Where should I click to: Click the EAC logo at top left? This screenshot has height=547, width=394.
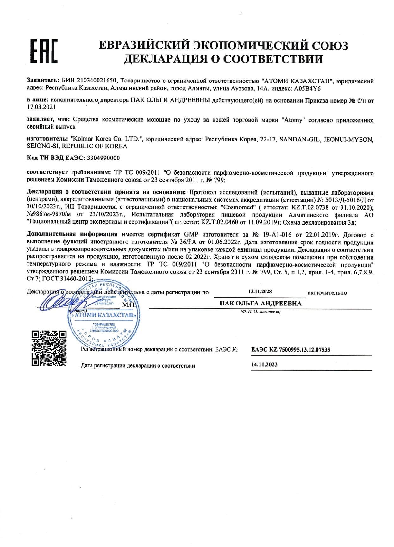[44, 51]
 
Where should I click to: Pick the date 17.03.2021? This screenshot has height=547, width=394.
[41, 107]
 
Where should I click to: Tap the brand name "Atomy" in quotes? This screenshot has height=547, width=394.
[291, 120]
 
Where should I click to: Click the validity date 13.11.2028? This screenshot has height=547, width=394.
[260, 292]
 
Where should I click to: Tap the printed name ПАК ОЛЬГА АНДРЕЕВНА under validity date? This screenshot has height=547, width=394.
[260, 304]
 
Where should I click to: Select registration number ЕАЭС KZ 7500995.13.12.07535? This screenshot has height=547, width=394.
[291, 350]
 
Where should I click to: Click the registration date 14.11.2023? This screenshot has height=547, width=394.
[264, 364]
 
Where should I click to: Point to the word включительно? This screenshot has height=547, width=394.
[327, 293]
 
